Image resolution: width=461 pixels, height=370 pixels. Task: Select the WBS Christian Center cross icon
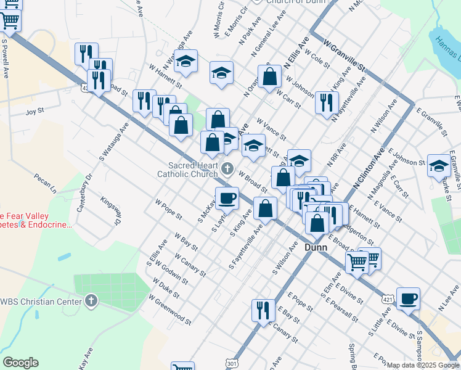point(91,301)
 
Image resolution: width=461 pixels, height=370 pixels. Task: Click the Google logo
point(20,363)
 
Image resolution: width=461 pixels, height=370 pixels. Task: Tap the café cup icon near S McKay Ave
point(227,197)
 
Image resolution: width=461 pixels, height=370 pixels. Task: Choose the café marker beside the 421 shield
point(408,298)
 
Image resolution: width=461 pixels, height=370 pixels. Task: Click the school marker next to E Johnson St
point(438,165)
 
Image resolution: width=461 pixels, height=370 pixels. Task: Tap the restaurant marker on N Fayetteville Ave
point(327,102)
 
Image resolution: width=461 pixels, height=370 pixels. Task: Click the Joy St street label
point(35,112)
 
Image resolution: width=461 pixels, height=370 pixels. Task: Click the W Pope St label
point(168,209)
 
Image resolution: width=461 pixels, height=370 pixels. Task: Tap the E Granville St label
point(431,121)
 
